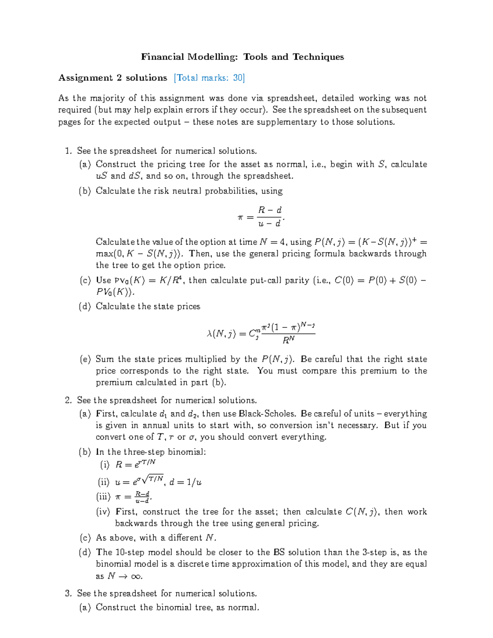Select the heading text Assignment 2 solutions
113,78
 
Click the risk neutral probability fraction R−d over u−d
270,217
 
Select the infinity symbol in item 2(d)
136,576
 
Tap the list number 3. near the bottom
68,594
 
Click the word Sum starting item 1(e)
105,359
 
